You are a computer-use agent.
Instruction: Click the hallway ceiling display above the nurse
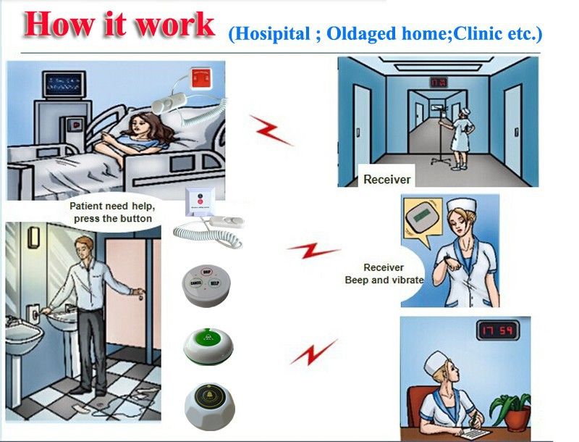[x=439, y=83]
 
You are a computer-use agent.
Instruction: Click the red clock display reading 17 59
[x=497, y=331]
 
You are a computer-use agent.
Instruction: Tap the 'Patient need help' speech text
[x=111, y=212]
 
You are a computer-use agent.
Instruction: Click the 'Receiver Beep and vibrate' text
[x=384, y=273]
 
